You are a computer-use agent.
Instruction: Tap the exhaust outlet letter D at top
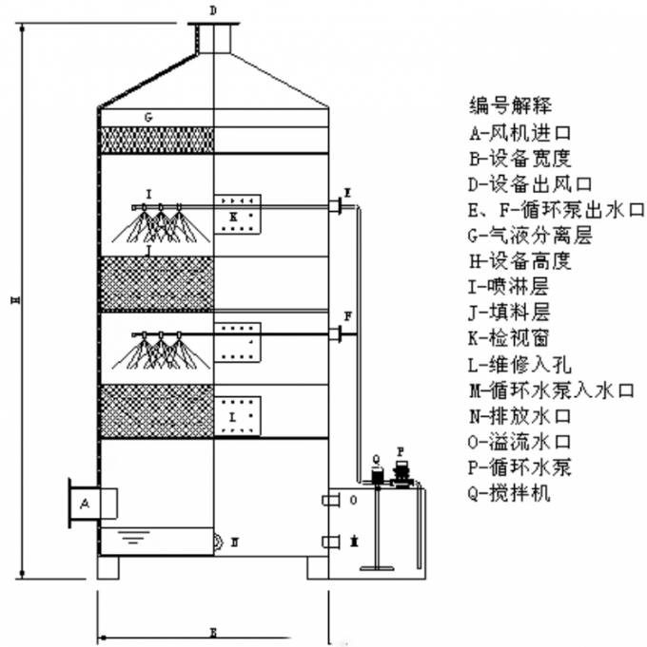point(212,10)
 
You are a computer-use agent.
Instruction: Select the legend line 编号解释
point(510,105)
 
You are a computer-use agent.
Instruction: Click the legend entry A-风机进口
point(518,131)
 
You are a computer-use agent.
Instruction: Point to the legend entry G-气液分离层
point(531,235)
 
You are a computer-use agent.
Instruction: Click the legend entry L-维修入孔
point(524,364)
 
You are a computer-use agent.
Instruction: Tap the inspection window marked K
point(236,216)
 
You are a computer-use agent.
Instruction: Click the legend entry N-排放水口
point(524,415)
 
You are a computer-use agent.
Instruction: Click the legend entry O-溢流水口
point(524,442)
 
